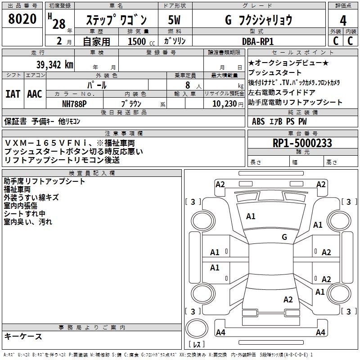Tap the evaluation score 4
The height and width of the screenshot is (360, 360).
click(343, 20)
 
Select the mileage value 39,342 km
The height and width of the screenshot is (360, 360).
click(54, 65)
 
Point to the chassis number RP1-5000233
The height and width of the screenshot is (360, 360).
click(302, 143)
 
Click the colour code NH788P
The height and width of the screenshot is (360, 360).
click(74, 103)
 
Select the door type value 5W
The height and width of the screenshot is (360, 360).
click(174, 20)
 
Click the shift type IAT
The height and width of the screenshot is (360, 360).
click(12, 94)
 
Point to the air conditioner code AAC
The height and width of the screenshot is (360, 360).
click(34, 94)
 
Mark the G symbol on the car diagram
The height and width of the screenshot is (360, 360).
click(284, 237)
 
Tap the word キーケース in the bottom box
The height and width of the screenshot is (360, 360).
click(23, 337)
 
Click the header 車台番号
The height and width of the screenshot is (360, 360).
click(302, 134)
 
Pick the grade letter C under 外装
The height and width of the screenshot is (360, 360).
click(335, 40)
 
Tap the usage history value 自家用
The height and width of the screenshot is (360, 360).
click(96, 41)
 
